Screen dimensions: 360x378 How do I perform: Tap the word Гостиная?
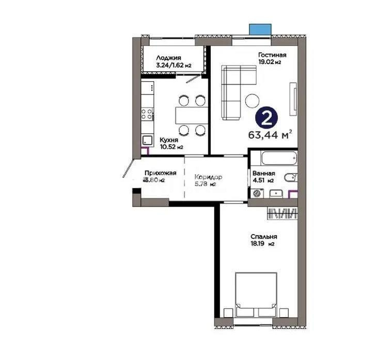coord(271,55)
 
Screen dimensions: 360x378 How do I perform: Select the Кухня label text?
coord(169,139)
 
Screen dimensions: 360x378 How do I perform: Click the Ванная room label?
coord(263,174)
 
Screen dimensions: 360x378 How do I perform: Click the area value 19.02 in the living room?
coord(266,62)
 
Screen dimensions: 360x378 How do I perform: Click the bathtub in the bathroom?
coord(273,158)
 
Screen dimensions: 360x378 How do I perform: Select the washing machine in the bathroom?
coord(256,193)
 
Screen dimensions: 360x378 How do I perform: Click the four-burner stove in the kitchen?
coord(147,114)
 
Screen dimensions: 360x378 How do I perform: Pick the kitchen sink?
coord(147,140)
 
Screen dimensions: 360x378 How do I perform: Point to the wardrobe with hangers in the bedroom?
coord(282,213)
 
